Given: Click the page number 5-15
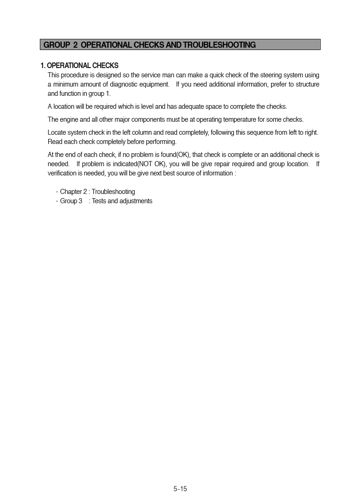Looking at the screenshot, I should click(x=180, y=488).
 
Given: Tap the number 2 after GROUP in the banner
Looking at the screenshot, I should click(x=75, y=45).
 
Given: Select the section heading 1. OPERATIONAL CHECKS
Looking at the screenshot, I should click(x=79, y=66).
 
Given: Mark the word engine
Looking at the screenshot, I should click(x=69, y=120).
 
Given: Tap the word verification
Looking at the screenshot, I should click(x=62, y=173).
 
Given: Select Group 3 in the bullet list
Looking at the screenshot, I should click(x=71, y=201).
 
